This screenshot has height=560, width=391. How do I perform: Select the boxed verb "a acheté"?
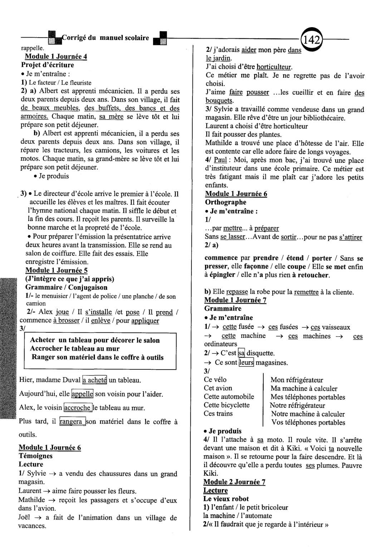tap(95, 380)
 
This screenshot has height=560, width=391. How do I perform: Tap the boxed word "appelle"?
tap(82, 394)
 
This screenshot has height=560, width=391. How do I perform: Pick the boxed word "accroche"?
tap(78, 408)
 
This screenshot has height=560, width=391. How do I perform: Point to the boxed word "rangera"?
tap(73, 422)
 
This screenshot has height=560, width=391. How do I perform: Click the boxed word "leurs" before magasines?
tap(246, 362)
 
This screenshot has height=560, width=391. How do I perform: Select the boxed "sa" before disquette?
tap(241, 353)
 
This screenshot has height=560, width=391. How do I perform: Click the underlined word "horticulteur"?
tap(274, 67)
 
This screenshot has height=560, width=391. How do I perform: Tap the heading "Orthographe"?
tap(225, 202)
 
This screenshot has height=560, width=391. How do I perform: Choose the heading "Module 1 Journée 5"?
tap(57, 270)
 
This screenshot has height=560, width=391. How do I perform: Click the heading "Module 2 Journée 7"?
tap(234, 482)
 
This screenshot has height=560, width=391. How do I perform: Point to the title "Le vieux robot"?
tap(226, 499)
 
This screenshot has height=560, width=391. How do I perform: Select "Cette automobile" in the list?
tap(229, 396)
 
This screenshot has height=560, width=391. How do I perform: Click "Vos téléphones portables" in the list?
tap(308, 422)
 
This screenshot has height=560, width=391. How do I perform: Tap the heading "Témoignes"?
tap(35, 456)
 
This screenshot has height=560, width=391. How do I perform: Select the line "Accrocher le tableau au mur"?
tap(75, 349)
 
